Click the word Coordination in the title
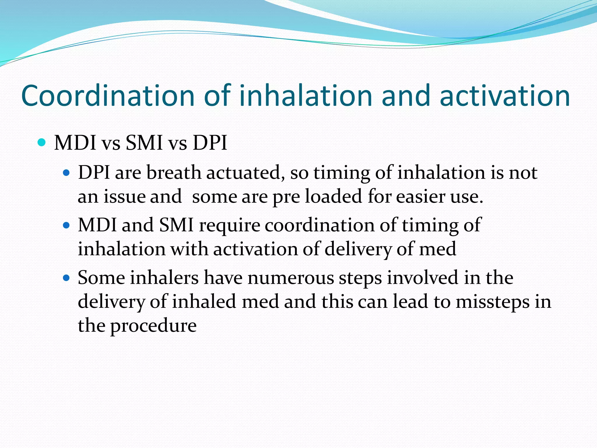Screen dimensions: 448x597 (x=108, y=96)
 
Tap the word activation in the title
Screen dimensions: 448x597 (x=505, y=96)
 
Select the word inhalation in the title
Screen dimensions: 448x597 (x=306, y=96)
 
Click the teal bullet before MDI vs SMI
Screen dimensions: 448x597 (x=42, y=143)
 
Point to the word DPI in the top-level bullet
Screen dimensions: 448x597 (x=210, y=143)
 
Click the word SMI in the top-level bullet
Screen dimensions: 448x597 (x=144, y=143)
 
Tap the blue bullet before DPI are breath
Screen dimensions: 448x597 (x=67, y=173)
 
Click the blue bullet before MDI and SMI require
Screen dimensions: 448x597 (x=67, y=225)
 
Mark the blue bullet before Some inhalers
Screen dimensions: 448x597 (x=67, y=278)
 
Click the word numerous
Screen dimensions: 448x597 (x=291, y=278)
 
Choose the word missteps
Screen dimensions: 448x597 (x=493, y=302)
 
